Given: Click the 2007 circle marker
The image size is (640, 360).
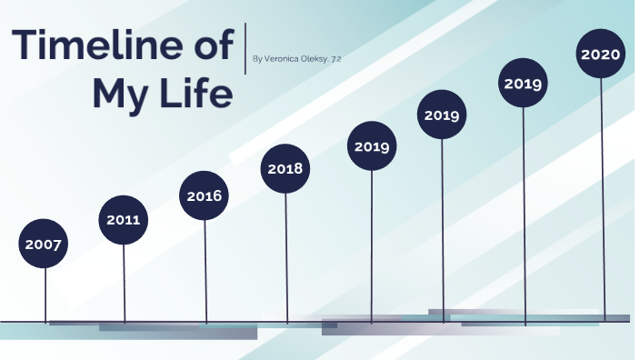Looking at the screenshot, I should tap(44, 244).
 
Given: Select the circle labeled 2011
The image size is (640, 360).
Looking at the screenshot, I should tap(124, 220).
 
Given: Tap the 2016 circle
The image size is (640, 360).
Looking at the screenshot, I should tap(205, 195).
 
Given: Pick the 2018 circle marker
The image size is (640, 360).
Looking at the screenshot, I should tap(285, 169).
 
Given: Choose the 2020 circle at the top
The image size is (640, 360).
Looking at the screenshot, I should tap(600, 55).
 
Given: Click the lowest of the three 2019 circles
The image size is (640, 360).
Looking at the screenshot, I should tap(371, 145).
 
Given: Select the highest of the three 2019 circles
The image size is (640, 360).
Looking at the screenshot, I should tap(523, 84).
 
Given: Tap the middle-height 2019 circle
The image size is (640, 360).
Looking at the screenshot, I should tap(442, 115).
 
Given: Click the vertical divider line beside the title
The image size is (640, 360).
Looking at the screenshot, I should tap(246, 48).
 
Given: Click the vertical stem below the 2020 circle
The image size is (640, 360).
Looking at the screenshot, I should tap(602, 200).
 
